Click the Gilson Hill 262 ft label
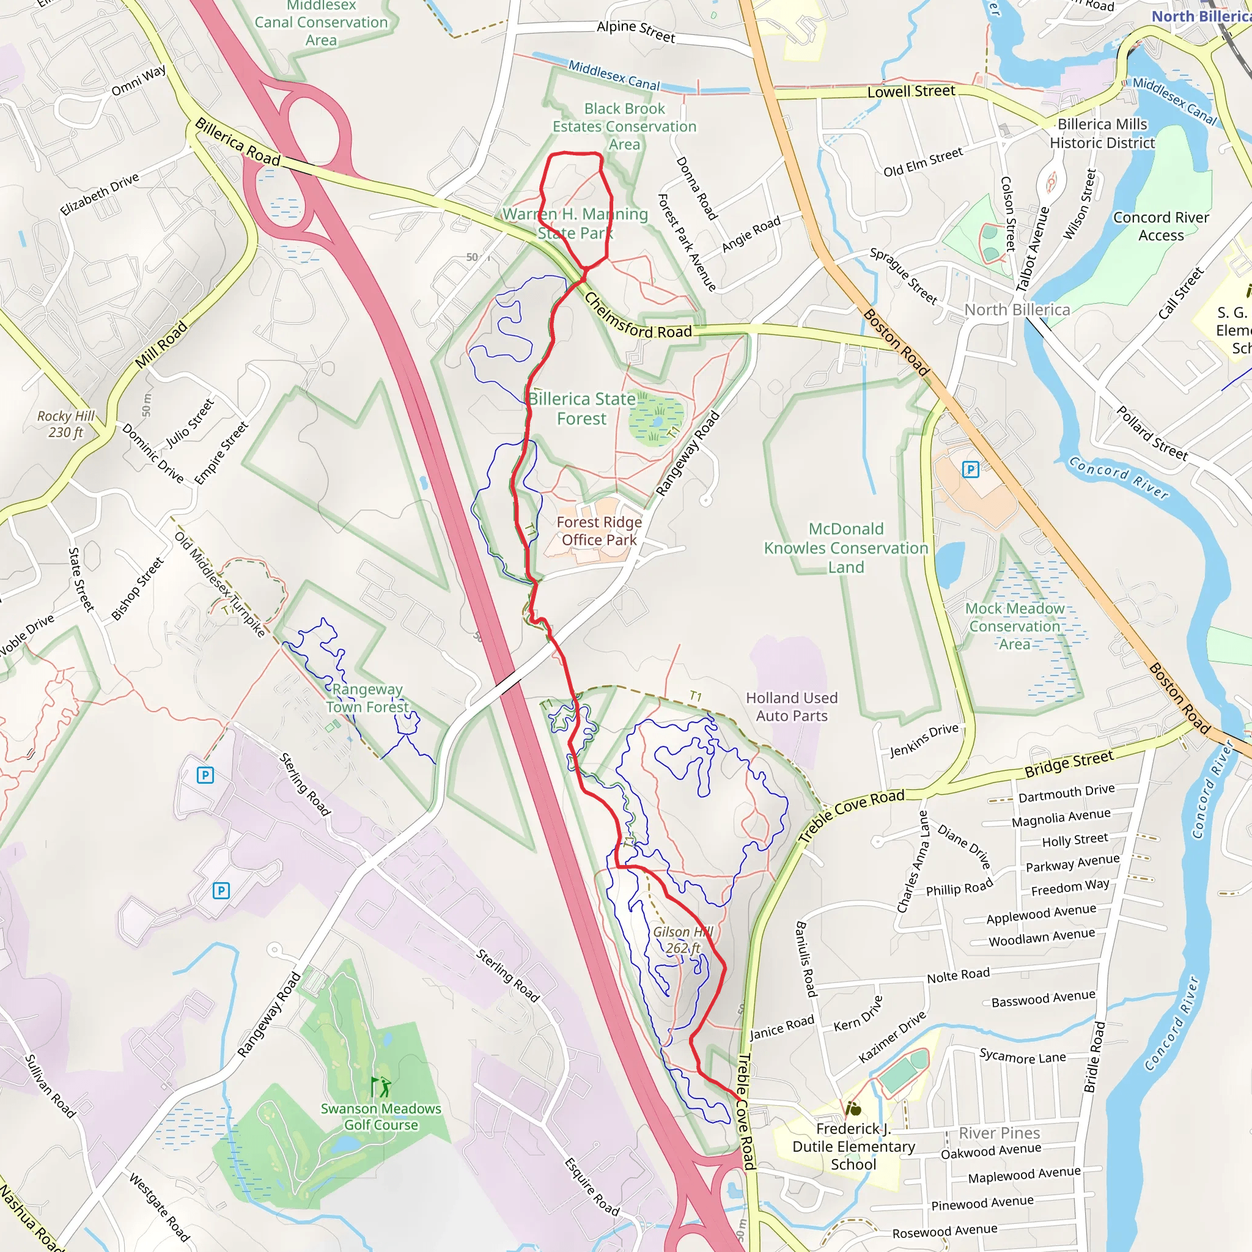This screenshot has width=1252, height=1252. click(682, 940)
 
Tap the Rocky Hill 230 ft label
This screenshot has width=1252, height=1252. click(65, 424)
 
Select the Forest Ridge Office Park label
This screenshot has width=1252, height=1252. click(598, 531)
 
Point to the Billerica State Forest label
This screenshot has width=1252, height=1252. click(581, 408)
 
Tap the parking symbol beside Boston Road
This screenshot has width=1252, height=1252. click(970, 468)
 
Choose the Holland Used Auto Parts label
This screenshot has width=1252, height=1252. click(791, 706)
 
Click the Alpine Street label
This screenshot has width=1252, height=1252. click(636, 31)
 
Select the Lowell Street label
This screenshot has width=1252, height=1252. click(910, 91)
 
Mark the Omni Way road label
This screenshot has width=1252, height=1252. click(138, 80)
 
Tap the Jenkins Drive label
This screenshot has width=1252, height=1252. click(924, 740)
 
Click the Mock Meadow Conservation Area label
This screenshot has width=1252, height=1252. click(1014, 626)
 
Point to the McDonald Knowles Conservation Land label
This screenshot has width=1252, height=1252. click(845, 548)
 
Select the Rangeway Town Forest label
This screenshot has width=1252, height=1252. click(367, 698)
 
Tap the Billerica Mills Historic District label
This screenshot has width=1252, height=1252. click(1102, 133)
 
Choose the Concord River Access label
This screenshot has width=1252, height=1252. click(1161, 226)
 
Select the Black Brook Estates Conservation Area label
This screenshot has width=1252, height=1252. click(624, 127)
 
